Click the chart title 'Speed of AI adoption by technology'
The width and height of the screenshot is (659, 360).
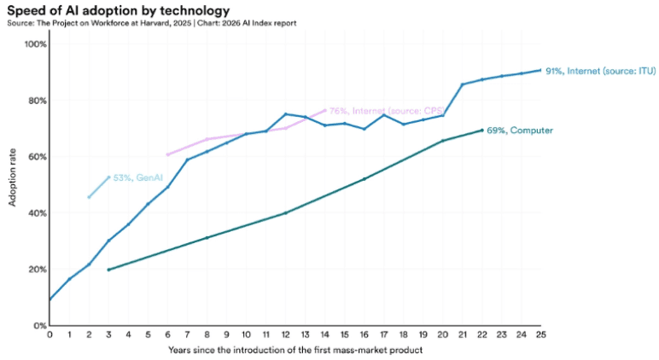pos(119,10)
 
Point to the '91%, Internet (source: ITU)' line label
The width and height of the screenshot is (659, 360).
pos(601,72)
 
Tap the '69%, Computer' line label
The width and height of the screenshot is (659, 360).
pos(520,131)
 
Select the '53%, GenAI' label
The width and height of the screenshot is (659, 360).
pos(137,177)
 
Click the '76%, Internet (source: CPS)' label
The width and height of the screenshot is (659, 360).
pos(387,111)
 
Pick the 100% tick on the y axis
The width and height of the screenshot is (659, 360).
pos(36,44)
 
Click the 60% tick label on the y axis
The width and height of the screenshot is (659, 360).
pos(38,157)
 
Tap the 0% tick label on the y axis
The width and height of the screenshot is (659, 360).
pos(39,326)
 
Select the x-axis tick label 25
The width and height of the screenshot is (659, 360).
pos(541,334)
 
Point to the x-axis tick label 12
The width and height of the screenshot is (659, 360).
pos(286,334)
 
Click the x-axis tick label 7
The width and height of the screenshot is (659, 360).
pos(188,334)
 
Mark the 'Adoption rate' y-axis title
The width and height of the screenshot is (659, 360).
pos(12,177)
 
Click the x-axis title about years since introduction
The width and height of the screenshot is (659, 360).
pos(295,350)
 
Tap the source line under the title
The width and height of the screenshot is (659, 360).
pos(152,23)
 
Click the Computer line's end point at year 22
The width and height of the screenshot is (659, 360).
pos(482,131)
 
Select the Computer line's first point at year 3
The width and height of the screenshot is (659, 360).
pos(109,270)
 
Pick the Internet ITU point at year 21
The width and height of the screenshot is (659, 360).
pos(463,84)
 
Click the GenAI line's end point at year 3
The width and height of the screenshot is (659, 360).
pos(109,177)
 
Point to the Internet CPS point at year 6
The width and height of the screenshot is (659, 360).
pos(167,154)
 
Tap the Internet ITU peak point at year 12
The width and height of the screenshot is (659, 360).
pos(286,113)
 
